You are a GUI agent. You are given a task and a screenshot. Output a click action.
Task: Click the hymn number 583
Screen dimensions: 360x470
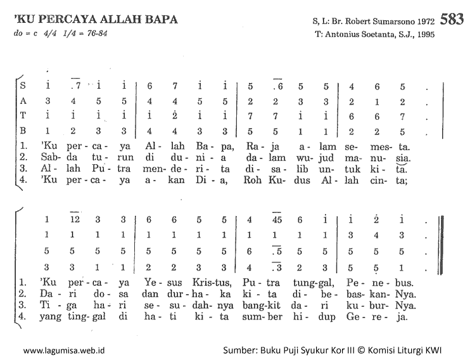[x=452, y=19]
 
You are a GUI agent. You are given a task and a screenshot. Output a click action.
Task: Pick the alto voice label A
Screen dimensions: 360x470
[x=23, y=101]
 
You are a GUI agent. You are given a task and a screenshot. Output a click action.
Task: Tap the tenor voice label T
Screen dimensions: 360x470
[x=23, y=116]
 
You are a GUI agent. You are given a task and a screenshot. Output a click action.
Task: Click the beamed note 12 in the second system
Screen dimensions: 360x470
[x=75, y=220]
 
